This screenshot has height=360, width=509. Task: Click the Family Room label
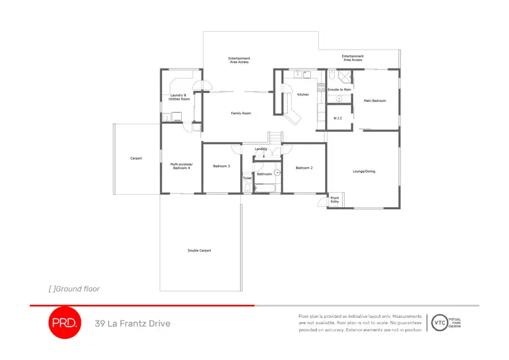click(241, 113)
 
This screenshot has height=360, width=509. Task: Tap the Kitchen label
click(303, 94)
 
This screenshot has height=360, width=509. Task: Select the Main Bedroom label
click(375, 101)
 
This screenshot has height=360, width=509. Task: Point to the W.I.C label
click(338, 118)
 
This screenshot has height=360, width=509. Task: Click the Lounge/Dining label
click(364, 171)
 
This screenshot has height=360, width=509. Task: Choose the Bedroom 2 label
click(303, 167)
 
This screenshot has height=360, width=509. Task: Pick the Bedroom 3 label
click(221, 166)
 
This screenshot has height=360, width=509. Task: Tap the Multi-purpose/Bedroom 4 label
click(180, 166)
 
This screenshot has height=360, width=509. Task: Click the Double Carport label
click(200, 251)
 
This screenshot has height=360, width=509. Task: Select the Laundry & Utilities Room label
click(179, 97)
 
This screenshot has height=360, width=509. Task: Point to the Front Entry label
click(335, 200)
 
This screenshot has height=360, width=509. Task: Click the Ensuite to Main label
click(339, 90)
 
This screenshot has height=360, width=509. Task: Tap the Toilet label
click(247, 178)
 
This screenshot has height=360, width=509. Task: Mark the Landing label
click(261, 149)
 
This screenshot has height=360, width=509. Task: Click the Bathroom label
click(264, 175)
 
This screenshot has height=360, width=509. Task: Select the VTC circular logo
click(440, 323)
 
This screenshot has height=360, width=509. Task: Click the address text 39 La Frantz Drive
click(132, 323)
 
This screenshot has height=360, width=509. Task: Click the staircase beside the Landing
click(275, 139)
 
